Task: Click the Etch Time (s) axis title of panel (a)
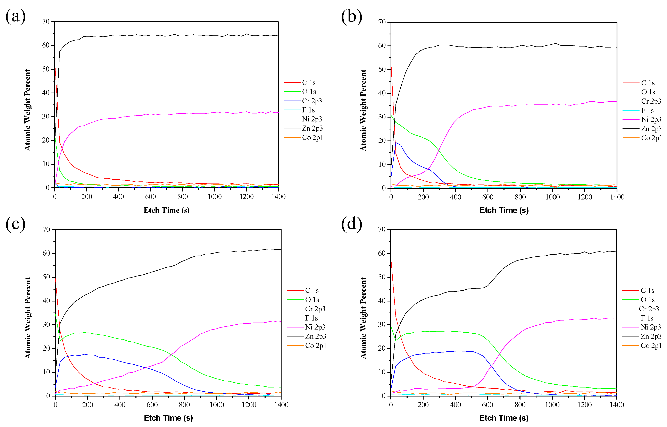[x=166, y=210]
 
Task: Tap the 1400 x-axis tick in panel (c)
[x=281, y=404]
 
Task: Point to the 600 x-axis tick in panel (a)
[x=150, y=197]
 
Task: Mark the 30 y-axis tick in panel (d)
[x=382, y=324]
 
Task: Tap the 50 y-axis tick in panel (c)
[x=46, y=277]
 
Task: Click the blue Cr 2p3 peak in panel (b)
[x=396, y=143]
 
